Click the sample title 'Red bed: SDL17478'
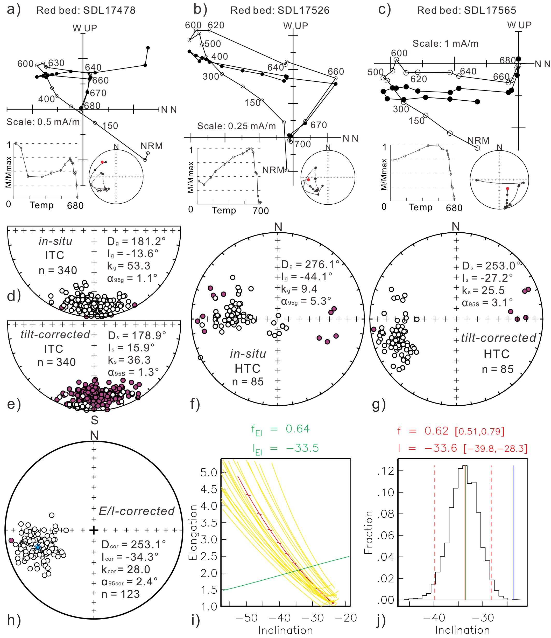click(86, 10)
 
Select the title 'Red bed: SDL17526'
click(280, 10)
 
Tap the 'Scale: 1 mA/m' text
click(446, 44)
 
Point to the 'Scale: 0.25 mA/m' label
click(236, 126)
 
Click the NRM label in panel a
click(151, 146)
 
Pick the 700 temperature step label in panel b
click(303, 144)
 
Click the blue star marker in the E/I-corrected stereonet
click(38, 547)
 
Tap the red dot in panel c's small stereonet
click(507, 189)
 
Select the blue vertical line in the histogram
click(514, 533)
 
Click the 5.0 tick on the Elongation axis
click(209, 472)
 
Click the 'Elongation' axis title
click(193, 533)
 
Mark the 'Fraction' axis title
click(369, 533)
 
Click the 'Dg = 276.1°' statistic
click(310, 265)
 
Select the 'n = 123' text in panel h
click(121, 594)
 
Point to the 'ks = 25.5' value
click(483, 290)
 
